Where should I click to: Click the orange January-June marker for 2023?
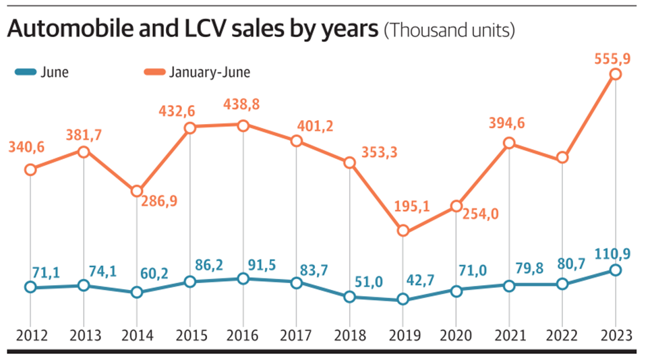tap(615, 74)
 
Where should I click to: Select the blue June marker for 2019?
tap(403, 299)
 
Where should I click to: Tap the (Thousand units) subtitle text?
tap(449, 32)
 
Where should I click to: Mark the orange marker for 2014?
tap(137, 191)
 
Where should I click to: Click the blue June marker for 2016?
tap(243, 278)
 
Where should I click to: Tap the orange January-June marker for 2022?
tap(562, 158)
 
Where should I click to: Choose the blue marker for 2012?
tap(30, 287)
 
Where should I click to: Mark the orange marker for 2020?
tap(456, 206)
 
